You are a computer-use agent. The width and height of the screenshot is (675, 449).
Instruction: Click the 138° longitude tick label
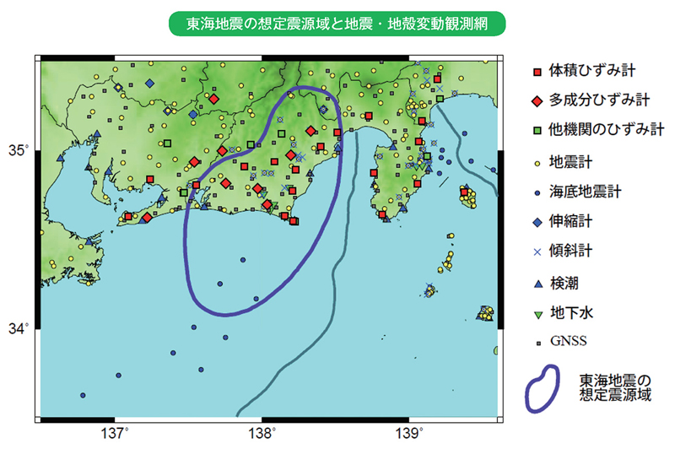[x=262, y=433]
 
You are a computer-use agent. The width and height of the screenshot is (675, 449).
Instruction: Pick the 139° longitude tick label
[x=410, y=433]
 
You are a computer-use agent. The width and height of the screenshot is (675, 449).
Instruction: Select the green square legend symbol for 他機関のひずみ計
[x=537, y=131]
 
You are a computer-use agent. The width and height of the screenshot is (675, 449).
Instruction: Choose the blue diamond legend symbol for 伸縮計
[x=537, y=222]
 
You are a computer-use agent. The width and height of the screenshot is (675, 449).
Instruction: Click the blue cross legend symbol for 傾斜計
[x=537, y=252]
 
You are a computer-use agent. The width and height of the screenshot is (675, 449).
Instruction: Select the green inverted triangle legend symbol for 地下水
[x=537, y=313]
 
